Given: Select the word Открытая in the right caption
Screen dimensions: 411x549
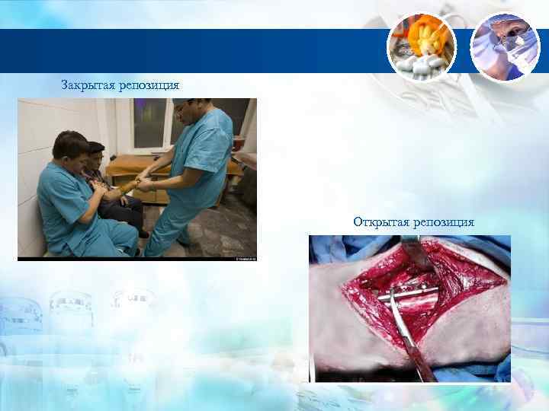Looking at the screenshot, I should pos(380,222).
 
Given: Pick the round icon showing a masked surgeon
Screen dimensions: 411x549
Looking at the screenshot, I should pos(505,46).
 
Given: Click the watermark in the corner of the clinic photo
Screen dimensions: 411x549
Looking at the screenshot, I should pos(246,257).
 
